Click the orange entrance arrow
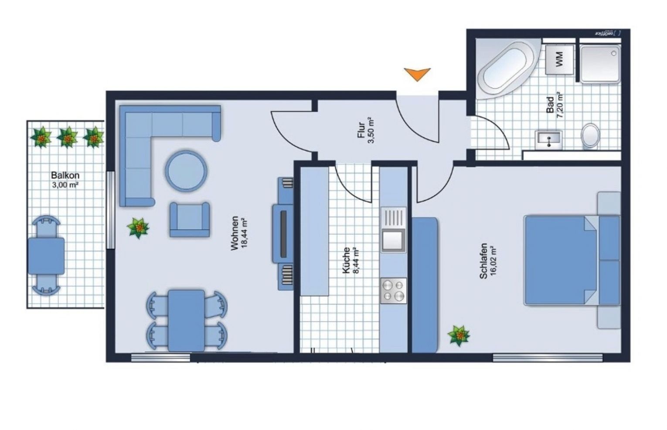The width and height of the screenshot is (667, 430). [x=417, y=74]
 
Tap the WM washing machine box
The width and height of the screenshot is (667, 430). [x=559, y=59]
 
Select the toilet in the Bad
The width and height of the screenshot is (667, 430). [x=591, y=135]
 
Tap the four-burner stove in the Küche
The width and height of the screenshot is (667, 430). [x=393, y=291]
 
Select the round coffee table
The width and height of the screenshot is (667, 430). [x=186, y=171]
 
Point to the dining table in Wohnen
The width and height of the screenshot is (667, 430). [x=186, y=320]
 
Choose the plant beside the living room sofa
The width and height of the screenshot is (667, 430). [x=138, y=228]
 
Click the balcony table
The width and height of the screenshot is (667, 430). [x=46, y=256]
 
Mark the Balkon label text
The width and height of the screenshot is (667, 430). [x=65, y=176]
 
